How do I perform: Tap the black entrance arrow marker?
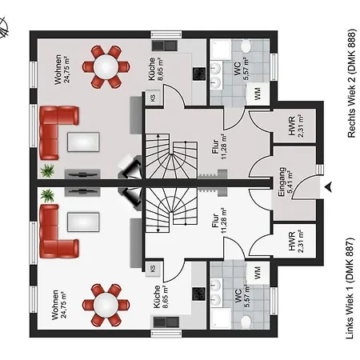click(x=328, y=186)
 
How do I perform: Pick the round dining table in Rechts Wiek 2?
click(x=106, y=66)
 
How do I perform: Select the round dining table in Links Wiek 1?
click(x=106, y=306)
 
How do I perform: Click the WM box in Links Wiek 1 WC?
click(x=257, y=272)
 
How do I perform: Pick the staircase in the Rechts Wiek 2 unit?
click(x=170, y=158)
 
